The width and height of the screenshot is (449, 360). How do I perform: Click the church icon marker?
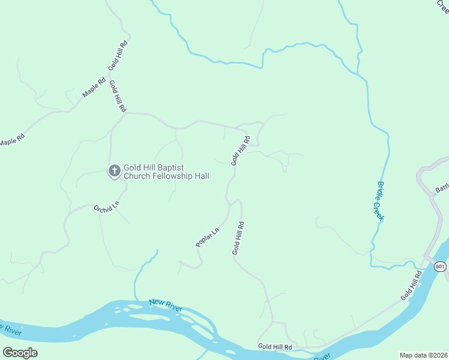(x=113, y=171)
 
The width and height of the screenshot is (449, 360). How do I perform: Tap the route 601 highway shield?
(x=441, y=266)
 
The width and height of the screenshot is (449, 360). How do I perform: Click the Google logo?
(x=20, y=353)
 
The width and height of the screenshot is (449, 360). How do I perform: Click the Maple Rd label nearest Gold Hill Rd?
(x=94, y=88)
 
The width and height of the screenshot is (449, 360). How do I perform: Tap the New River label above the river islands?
(x=166, y=304)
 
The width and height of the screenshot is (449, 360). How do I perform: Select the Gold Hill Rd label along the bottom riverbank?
(x=275, y=347)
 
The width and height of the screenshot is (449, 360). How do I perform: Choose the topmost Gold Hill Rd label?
(x=118, y=56)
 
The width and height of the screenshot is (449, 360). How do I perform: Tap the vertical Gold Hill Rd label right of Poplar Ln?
(x=238, y=238)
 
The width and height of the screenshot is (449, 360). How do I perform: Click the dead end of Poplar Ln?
(x=179, y=262)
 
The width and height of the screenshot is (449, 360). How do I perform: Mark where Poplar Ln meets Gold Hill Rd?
(x=229, y=206)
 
